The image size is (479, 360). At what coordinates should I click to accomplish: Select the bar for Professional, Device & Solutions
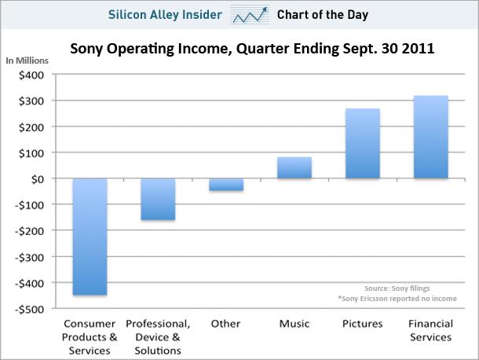(x=157, y=199)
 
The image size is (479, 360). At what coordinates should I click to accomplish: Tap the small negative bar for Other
(x=226, y=185)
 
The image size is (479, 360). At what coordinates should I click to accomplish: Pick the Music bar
(x=294, y=167)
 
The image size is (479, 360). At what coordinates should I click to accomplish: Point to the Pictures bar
(x=363, y=143)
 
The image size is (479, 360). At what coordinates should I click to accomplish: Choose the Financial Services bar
(x=430, y=137)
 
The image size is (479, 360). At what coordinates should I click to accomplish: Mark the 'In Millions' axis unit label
(x=27, y=61)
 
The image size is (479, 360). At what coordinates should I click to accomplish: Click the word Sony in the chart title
(x=89, y=49)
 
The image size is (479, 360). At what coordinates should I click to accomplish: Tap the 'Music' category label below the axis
(x=294, y=324)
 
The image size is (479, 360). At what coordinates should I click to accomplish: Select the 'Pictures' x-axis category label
(x=362, y=324)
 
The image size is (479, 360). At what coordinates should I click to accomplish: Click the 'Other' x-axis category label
(x=226, y=324)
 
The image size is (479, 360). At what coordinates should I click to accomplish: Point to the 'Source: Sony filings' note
(x=397, y=288)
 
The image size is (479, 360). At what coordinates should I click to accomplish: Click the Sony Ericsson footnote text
(x=384, y=299)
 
